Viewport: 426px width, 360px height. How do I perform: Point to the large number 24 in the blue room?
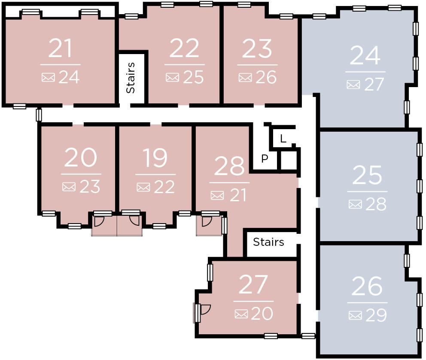click(365, 55)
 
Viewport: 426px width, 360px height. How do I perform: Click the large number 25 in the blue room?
click(367, 175)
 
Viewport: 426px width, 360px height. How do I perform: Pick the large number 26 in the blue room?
click(367, 286)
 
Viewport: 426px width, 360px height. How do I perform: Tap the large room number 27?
click(253, 285)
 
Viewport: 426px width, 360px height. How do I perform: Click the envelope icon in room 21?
click(48, 78)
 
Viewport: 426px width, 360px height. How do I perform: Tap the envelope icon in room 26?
click(355, 315)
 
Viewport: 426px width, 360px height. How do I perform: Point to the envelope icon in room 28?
click(217, 196)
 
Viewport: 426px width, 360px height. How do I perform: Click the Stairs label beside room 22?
click(131, 78)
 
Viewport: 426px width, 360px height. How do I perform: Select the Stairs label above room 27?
click(268, 242)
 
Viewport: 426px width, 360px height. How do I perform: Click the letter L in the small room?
click(283, 139)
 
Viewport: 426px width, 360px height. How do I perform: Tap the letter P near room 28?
click(265, 159)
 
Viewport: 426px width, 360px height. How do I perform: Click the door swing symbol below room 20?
click(99, 221)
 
